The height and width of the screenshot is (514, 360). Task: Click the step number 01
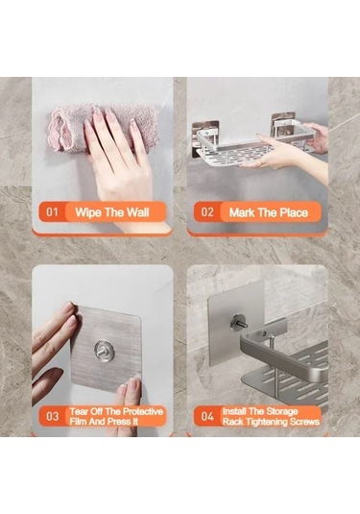pyautogui.click(x=52, y=212)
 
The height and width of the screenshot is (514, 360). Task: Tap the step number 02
pyautogui.click(x=207, y=212)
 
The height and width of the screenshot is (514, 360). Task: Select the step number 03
pyautogui.click(x=53, y=416)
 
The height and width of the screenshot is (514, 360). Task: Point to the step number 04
pyautogui.click(x=207, y=416)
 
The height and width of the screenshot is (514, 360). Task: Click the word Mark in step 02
pyautogui.click(x=241, y=212)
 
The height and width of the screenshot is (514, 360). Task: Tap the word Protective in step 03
pyautogui.click(x=143, y=411)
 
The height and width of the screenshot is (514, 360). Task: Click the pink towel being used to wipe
pyautogui.click(x=103, y=128)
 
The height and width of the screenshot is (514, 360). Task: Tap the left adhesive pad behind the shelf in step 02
pyautogui.click(x=205, y=137)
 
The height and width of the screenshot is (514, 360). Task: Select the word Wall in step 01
pyautogui.click(x=137, y=212)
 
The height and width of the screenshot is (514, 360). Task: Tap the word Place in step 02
pyautogui.click(x=294, y=212)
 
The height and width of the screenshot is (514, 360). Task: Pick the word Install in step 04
pyautogui.click(x=234, y=411)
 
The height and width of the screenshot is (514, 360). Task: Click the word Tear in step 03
pyautogui.click(x=79, y=411)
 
